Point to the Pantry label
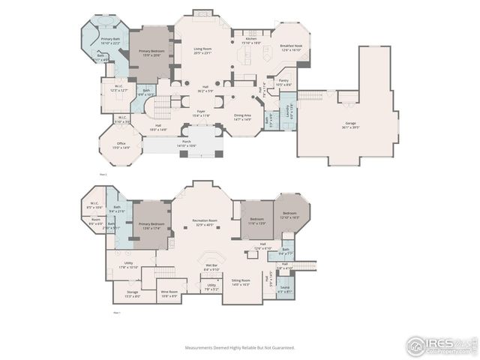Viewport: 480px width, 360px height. coord(283,82)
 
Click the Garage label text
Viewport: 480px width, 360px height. coord(351,125)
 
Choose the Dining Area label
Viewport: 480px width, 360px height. coord(242,117)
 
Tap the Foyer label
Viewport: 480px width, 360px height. coord(202,113)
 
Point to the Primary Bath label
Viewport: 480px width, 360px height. coord(110,40)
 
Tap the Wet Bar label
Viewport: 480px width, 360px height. coord(211,267)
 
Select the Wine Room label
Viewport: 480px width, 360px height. coord(169,294)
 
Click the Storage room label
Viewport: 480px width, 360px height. coord(132,294)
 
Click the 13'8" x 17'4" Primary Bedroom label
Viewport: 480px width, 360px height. coord(151,226)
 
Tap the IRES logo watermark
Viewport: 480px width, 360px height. coord(441,346)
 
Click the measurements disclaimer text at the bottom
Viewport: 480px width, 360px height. coord(240,347)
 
